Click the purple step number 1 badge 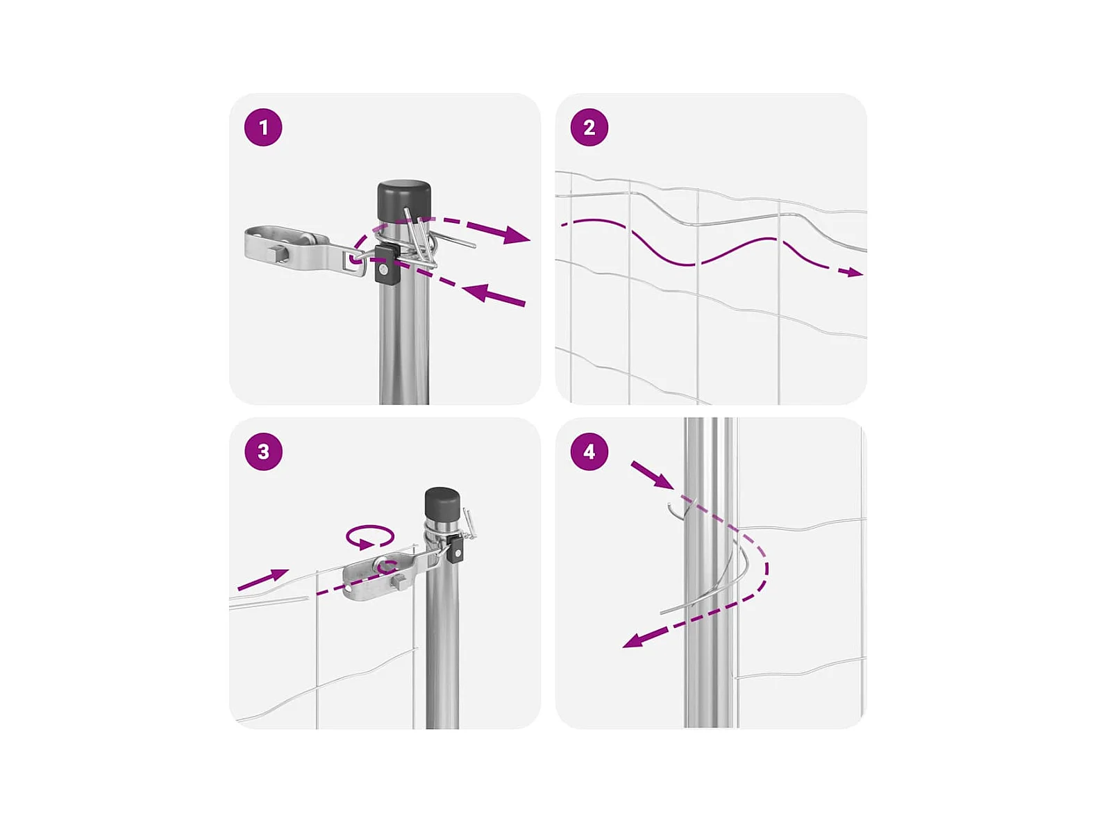click(263, 127)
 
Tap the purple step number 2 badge click(589, 127)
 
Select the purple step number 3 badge click(263, 451)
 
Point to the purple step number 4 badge click(589, 451)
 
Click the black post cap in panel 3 click(442, 505)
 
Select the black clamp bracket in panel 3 click(455, 548)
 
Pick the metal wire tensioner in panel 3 click(385, 574)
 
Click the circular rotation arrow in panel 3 click(370, 537)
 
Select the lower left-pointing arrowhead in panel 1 click(476, 292)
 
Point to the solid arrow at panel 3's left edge click(263, 579)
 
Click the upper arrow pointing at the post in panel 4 click(652, 475)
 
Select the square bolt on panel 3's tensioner click(399, 581)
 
